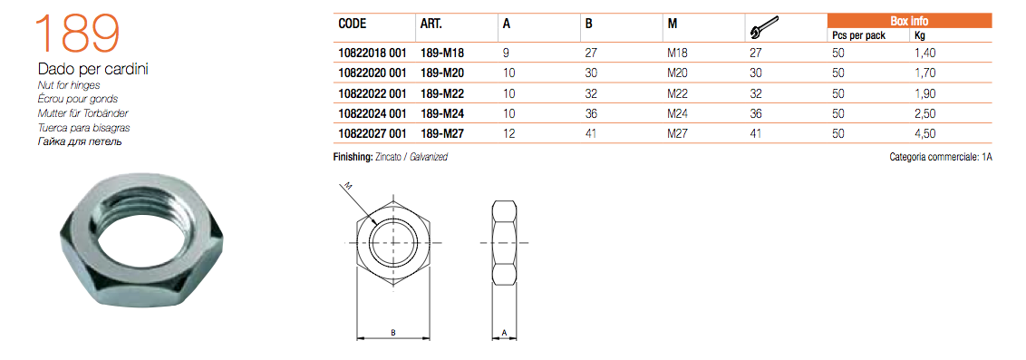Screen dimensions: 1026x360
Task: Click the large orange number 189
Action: (x=77, y=34)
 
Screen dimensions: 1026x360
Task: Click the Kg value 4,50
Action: (x=925, y=133)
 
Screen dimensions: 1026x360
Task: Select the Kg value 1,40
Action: (x=925, y=53)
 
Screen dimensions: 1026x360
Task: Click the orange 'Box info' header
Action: (x=909, y=21)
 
